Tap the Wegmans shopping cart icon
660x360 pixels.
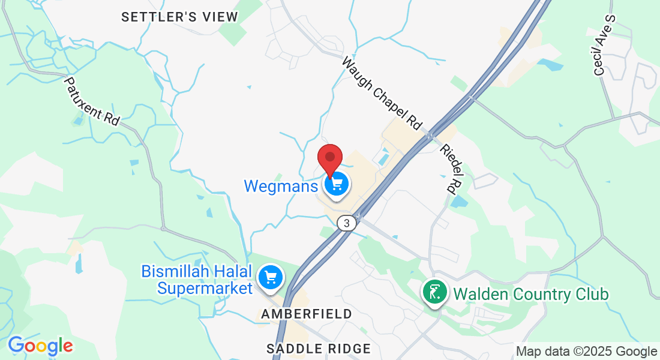337,183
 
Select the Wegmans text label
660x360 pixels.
280,186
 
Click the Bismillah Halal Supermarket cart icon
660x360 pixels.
271,277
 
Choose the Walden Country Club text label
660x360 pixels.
530,295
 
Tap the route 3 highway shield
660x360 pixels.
346,223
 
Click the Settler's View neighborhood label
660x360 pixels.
179,17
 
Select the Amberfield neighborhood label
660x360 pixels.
307,314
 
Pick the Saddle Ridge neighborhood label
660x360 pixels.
319,349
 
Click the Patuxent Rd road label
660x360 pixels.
92,101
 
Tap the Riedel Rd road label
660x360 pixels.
452,169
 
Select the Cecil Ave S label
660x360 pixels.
604,45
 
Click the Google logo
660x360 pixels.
40,346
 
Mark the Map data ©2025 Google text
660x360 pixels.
586,352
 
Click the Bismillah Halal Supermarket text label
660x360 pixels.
197,280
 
